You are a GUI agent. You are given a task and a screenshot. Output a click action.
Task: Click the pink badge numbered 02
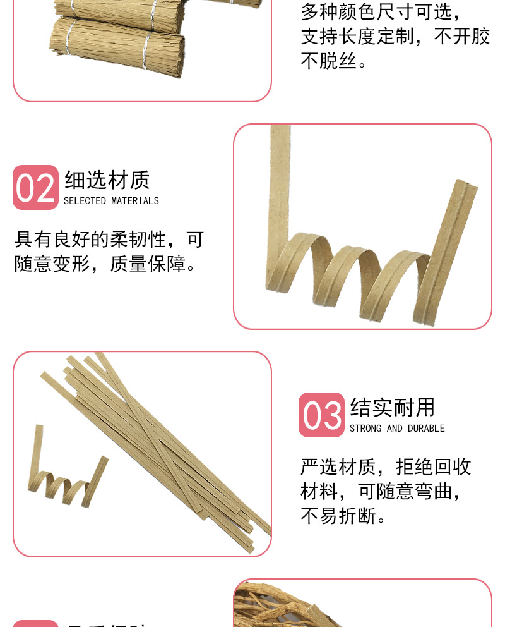coord(35,188)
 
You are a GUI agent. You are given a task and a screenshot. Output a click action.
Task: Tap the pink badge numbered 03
coord(321,415)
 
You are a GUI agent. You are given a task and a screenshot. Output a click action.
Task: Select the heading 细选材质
coord(107,180)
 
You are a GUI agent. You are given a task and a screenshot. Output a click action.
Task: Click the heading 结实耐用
coord(393,408)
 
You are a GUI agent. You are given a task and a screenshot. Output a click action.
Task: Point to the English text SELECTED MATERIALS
coord(111,201)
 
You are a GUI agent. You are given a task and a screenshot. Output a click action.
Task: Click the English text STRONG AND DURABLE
coord(397,429)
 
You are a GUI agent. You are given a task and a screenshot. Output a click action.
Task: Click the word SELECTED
coord(85,201)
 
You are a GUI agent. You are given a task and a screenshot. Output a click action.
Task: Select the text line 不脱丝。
coord(335,61)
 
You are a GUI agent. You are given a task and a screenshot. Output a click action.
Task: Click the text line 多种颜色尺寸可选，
coord(382,11)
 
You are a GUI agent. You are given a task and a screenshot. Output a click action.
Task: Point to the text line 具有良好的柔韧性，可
coord(109,240)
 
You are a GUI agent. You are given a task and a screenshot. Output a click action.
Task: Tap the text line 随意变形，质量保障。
coord(105,264)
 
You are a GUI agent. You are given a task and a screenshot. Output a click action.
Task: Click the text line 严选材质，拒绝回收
coord(386,467)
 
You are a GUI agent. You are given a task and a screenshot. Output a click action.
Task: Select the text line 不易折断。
coord(344,516)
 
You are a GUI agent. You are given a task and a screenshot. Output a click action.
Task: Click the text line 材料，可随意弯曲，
coord(381,491)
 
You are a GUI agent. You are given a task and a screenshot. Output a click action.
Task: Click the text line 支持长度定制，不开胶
coord(395,36)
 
